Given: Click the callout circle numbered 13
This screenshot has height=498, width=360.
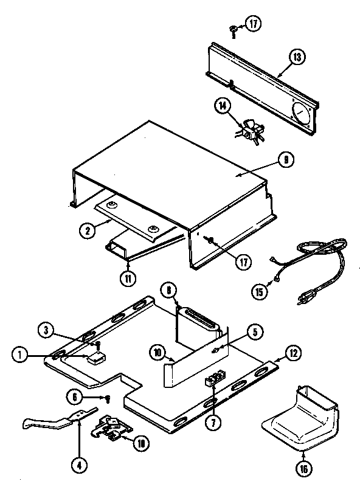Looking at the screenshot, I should coord(297,58).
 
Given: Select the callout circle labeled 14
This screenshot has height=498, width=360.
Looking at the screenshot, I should coord(223,107).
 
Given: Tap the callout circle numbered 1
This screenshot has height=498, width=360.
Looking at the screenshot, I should coord(21,355).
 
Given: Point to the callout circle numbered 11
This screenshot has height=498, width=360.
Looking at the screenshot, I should coord(128,279).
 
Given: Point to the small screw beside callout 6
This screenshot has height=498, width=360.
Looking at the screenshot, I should coord(107,399).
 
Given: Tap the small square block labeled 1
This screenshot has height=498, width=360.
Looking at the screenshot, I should coord(96,359).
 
